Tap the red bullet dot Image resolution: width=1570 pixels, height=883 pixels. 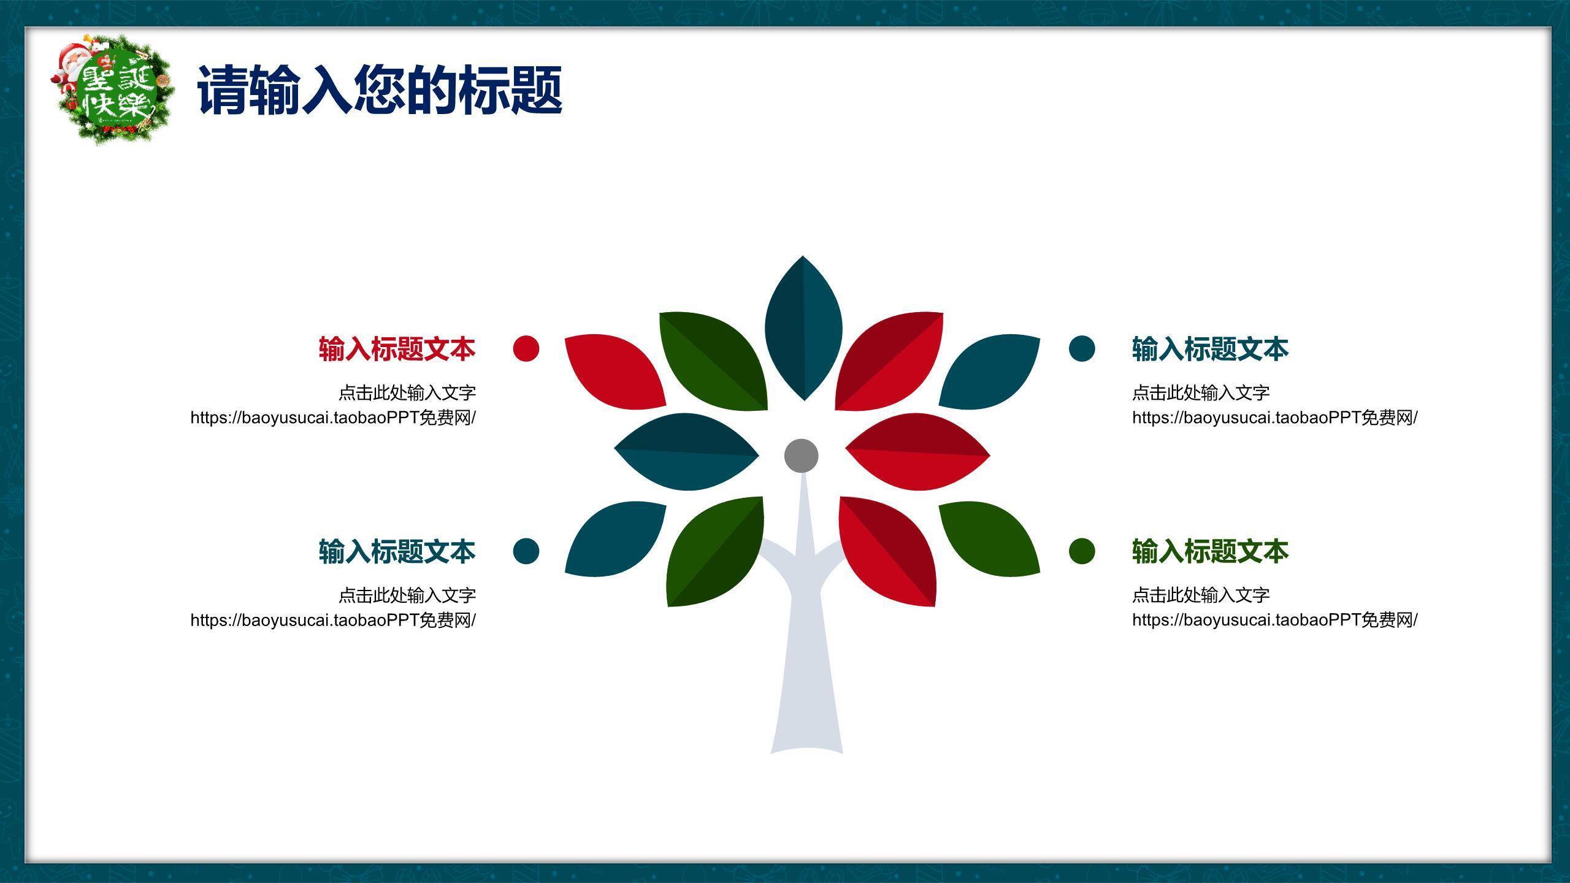click(x=526, y=348)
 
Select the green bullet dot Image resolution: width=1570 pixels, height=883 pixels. click(x=1082, y=551)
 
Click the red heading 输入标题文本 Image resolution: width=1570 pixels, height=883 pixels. click(x=397, y=349)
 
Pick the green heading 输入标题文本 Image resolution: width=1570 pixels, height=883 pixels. click(x=1210, y=551)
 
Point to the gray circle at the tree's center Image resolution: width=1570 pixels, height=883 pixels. click(x=801, y=456)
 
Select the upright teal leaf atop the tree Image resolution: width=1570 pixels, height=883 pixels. click(x=803, y=328)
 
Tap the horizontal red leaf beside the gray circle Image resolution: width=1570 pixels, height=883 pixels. click(x=917, y=452)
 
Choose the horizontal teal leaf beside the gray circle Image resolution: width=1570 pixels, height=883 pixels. click(x=687, y=452)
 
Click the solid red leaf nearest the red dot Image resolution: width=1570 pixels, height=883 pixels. click(x=615, y=371)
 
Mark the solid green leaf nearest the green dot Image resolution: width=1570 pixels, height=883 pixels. click(x=989, y=538)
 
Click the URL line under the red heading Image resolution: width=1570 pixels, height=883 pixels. click(x=333, y=418)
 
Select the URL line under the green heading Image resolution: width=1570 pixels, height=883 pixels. click(x=1275, y=620)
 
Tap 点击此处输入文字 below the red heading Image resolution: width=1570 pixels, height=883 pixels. click(x=407, y=392)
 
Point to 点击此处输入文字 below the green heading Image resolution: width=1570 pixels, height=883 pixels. click(x=1201, y=594)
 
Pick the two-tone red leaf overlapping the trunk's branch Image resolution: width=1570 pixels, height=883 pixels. click(x=887, y=551)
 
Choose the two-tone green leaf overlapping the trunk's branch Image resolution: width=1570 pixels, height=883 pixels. click(x=715, y=551)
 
